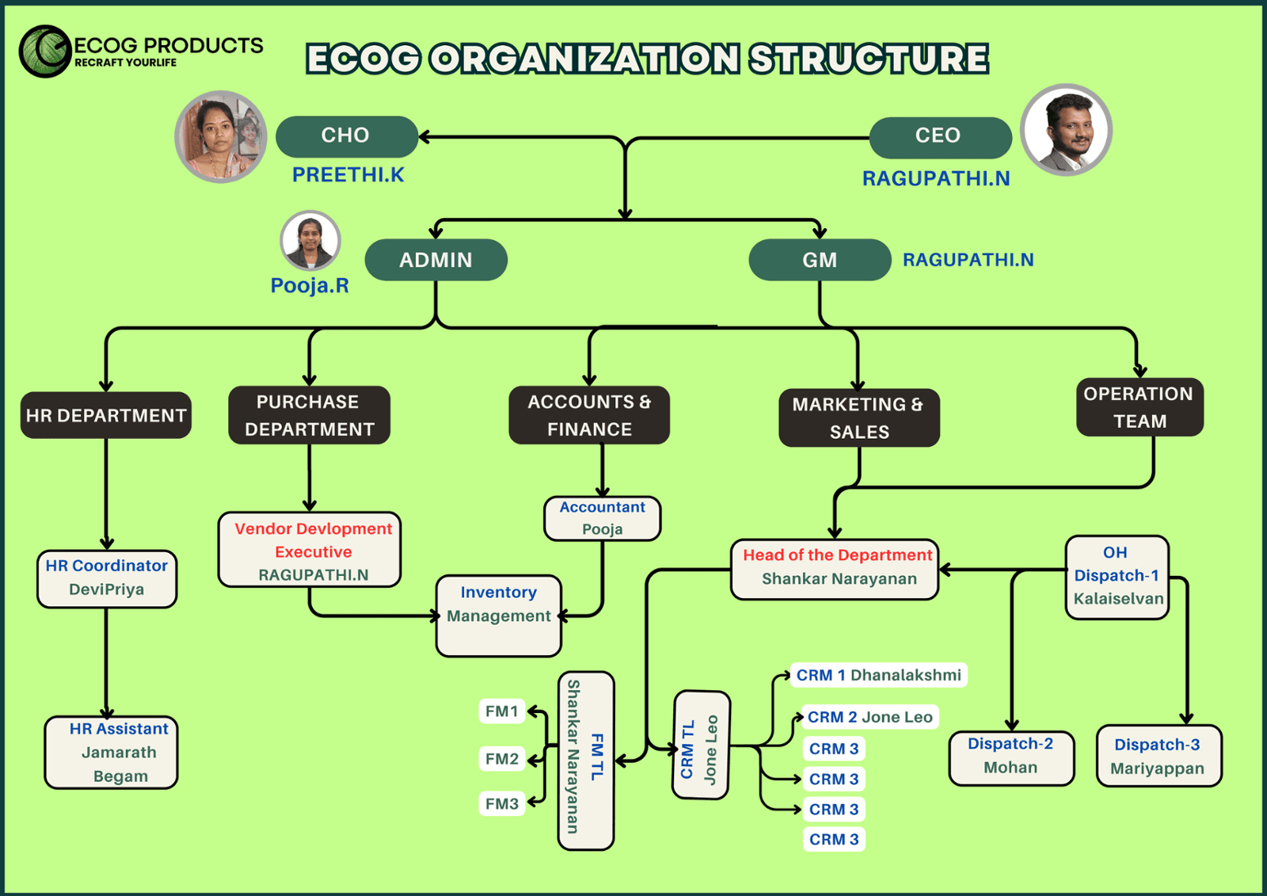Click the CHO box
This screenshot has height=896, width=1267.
(x=346, y=136)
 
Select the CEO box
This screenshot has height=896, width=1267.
(x=939, y=137)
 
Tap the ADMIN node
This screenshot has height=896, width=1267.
(x=436, y=260)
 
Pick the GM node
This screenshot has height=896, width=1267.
(x=820, y=260)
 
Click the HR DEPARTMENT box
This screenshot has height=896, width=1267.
(x=106, y=415)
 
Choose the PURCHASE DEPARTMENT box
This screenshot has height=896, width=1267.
(x=309, y=415)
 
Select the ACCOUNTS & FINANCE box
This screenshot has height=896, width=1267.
(x=589, y=415)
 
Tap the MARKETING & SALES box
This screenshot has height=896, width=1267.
(x=859, y=417)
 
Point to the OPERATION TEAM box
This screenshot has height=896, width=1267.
(x=1140, y=407)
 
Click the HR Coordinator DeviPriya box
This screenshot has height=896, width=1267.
(x=107, y=578)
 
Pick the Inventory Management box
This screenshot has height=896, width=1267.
(x=499, y=616)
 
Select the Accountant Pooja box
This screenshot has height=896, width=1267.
(x=603, y=518)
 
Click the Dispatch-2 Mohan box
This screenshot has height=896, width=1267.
(x=1011, y=757)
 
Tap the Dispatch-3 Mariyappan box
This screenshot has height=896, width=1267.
(x=1158, y=757)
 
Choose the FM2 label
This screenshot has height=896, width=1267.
(x=502, y=759)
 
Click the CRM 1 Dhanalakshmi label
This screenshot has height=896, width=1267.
(x=878, y=675)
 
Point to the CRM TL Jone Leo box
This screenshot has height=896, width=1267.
(x=701, y=745)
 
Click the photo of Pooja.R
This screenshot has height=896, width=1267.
(x=310, y=240)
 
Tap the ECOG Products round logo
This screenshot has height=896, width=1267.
(x=45, y=51)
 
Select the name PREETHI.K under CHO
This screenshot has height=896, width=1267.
(x=348, y=175)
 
